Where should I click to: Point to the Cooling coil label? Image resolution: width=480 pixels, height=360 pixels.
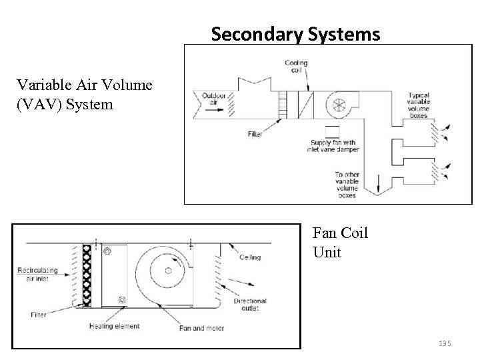click(x=296, y=67)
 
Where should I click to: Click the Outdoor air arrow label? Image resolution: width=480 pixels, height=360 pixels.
click(x=215, y=98)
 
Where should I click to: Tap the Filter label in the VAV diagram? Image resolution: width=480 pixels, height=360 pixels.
click(x=255, y=134)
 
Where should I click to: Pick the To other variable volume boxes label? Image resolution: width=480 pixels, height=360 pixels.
click(x=347, y=185)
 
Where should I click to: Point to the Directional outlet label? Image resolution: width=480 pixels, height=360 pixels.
click(x=250, y=305)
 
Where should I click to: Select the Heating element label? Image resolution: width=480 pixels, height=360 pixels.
click(x=114, y=326)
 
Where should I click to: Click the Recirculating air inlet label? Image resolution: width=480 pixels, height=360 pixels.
click(x=39, y=275)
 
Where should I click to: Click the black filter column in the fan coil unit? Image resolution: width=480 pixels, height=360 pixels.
click(x=86, y=275)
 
